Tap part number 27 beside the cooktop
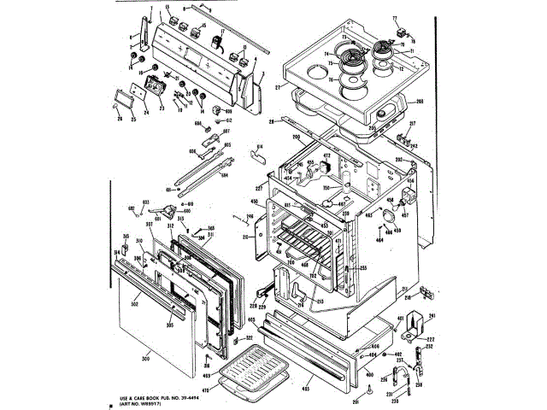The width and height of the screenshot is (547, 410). pos(277,87)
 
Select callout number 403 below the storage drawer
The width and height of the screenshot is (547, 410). pos(305,389)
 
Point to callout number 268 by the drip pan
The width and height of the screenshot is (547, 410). pos(420,102)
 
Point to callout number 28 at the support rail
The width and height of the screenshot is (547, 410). pos(271,122)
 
